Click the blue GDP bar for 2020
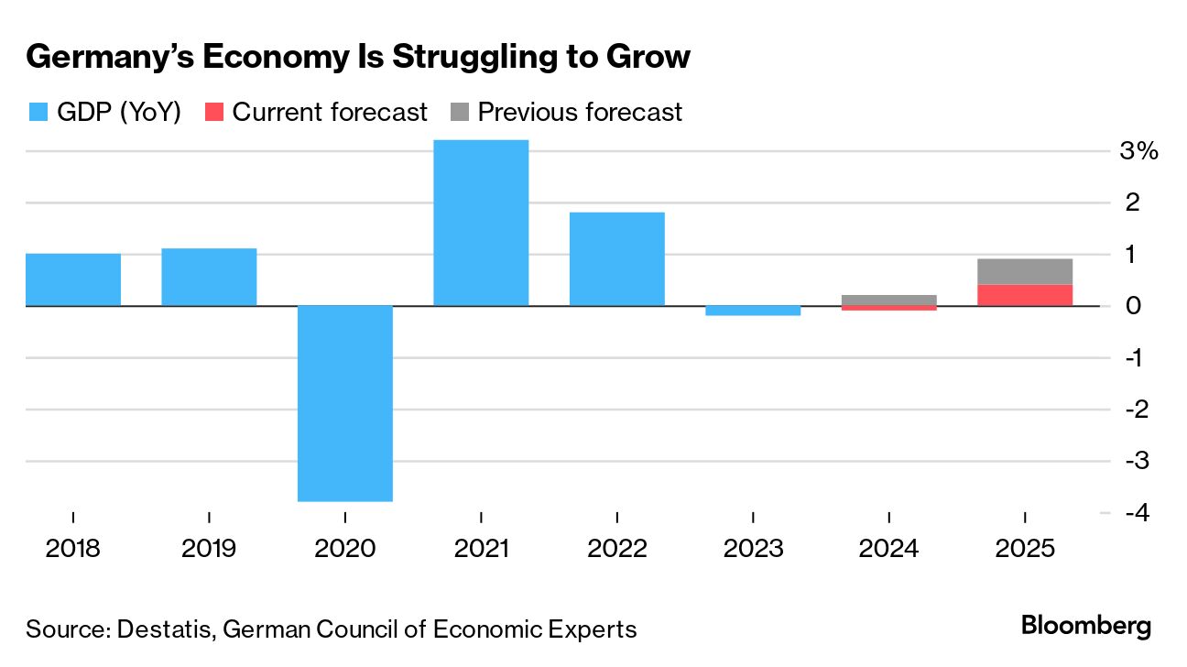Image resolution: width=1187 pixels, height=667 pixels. click(345, 403)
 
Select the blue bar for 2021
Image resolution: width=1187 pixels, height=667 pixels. click(481, 223)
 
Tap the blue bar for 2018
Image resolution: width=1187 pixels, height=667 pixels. click(73, 279)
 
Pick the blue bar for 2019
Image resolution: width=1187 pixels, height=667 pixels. click(209, 277)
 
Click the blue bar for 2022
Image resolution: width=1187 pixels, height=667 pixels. click(616, 258)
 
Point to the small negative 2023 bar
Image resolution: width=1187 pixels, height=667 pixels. click(753, 311)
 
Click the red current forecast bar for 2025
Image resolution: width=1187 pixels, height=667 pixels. click(1024, 295)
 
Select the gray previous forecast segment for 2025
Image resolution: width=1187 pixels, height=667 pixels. click(1024, 271)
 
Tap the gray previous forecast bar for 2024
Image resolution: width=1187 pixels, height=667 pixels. click(888, 300)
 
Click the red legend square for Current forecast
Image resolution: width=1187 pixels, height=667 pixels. click(213, 113)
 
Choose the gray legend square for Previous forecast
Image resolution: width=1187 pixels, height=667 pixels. click(459, 113)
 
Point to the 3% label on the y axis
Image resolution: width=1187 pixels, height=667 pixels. click(1139, 151)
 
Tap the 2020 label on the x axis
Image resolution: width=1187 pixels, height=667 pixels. click(344, 549)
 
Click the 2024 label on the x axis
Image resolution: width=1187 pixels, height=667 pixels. click(888, 549)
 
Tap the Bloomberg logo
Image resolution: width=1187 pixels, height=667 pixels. click(1086, 627)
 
